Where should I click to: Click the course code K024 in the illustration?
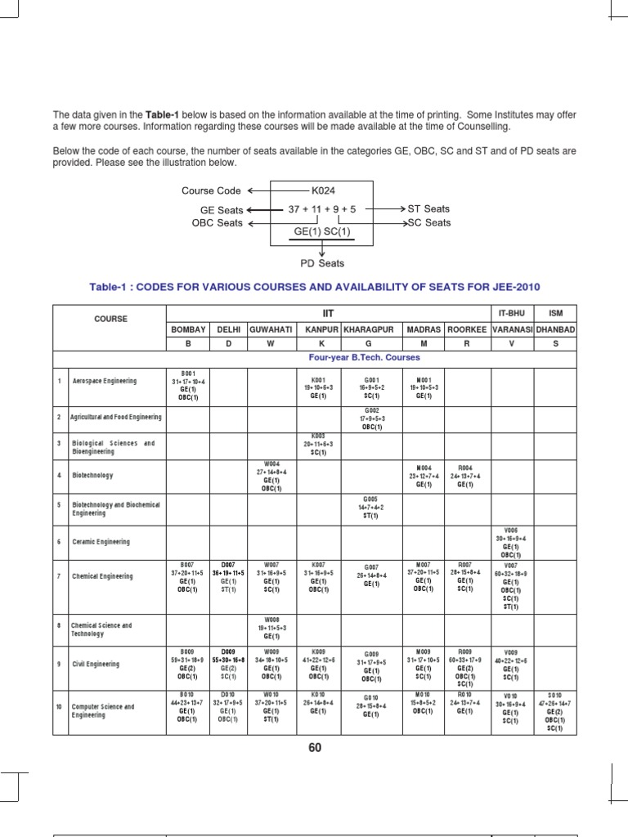pos(323,190)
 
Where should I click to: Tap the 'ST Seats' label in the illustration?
pos(429,209)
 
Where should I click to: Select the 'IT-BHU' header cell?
pos(512,312)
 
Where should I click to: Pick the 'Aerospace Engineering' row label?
pos(104,381)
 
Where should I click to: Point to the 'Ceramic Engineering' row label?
pos(101,541)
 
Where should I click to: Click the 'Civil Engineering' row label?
pos(96,664)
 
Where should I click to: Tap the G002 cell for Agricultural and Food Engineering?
pos(372,418)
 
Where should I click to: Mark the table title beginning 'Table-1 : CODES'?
pos(315,286)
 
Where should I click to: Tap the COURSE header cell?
pos(110,320)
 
